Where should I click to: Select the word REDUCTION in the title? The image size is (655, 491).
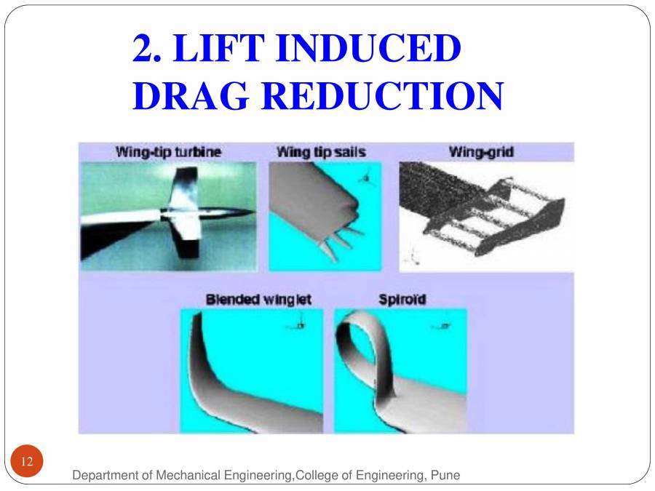pos(381,96)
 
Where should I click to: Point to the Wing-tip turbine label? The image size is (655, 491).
pos(168,153)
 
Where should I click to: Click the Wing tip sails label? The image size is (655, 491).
pos(321,153)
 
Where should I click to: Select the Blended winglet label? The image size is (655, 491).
pos(258,300)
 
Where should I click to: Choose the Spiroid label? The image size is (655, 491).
pos(402,300)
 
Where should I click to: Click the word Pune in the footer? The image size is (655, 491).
pos(445,476)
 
